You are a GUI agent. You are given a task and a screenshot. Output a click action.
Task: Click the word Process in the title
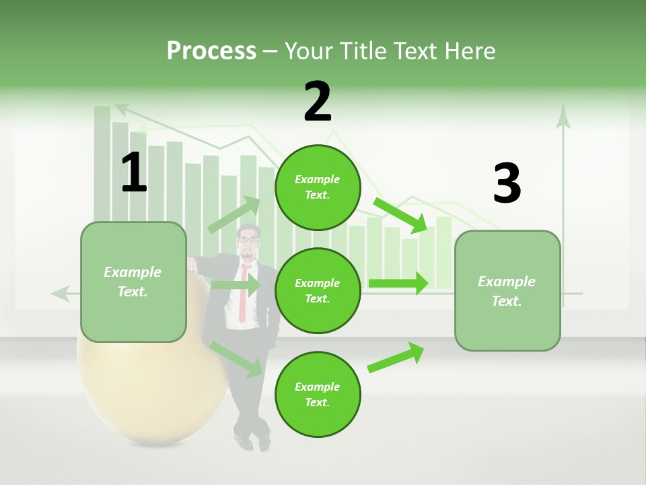pos(211,51)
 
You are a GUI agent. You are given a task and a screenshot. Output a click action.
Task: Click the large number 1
pos(134,172)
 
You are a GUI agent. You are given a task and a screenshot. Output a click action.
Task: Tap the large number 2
pos(318,101)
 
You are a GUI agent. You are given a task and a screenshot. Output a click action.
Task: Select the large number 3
pos(507,183)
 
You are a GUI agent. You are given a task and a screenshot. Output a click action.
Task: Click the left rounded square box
pos(133,282)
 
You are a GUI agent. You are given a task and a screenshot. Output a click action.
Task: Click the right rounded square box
pos(507,290)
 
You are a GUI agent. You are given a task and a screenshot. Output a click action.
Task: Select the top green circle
pos(318,187)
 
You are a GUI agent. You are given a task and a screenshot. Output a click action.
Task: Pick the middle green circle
pos(318,290)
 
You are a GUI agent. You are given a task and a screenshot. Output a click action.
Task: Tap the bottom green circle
pos(318,394)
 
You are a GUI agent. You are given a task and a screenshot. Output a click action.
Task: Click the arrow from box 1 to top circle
pos(234,215)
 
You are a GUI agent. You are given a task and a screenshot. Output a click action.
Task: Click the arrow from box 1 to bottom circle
pos(236,358)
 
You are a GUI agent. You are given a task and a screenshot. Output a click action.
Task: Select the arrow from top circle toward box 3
pos(401,215)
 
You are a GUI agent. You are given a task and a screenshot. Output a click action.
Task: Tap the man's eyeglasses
pos(248,239)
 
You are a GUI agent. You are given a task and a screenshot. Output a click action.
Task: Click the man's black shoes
pos(254,441)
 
